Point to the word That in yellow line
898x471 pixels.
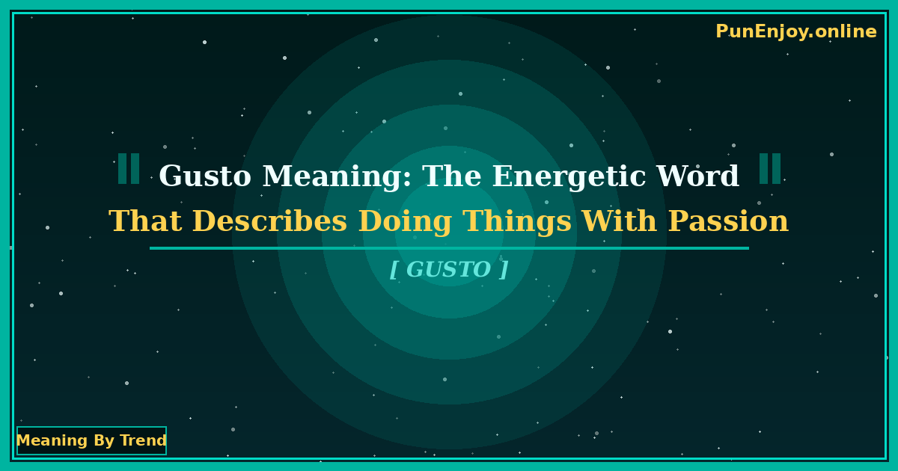145,222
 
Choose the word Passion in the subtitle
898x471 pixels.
727,222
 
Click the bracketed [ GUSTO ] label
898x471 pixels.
449,270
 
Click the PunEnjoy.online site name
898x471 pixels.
795,32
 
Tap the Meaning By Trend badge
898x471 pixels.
91,441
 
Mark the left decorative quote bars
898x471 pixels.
129,169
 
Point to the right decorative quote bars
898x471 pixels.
770,169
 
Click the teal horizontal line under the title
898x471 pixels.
449,248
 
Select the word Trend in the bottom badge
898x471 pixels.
143,441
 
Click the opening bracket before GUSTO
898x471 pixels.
394,270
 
